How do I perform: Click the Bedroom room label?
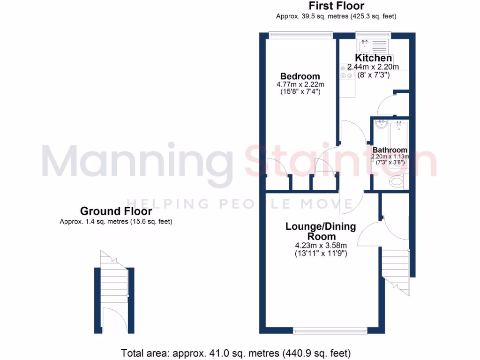tap(300, 76)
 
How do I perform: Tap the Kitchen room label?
tap(373, 58)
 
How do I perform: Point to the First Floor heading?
tap(336, 6)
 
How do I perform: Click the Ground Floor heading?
tap(116, 211)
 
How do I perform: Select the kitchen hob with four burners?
tap(346, 72)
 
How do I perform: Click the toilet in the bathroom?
tap(397, 181)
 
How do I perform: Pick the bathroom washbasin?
tap(381, 124)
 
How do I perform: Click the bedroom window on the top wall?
tap(300, 33)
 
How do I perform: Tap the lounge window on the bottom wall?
tap(330, 331)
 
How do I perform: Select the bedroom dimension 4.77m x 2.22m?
tap(300, 84)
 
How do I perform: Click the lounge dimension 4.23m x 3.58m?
tap(321, 246)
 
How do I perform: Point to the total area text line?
tap(236, 352)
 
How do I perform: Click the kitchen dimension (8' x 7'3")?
tap(373, 75)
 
